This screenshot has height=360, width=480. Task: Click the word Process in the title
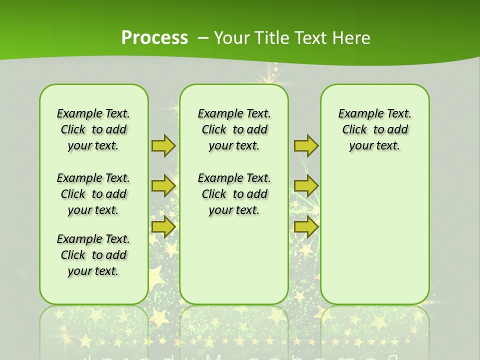click(154, 37)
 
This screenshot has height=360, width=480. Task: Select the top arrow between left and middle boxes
click(163, 145)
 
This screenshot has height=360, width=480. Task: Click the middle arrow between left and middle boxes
click(163, 186)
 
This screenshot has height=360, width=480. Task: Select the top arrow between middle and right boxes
click(306, 145)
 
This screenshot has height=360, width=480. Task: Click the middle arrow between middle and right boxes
click(306, 186)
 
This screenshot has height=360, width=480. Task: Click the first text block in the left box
click(93, 129)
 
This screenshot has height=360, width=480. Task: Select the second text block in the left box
click(93, 194)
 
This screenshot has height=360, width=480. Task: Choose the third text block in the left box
click(93, 255)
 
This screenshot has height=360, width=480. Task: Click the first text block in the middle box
click(234, 129)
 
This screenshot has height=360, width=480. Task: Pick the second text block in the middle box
click(234, 194)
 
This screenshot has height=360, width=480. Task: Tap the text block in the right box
click(374, 129)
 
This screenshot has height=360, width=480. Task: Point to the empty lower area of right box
click(374, 235)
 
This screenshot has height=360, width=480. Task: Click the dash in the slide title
click(203, 37)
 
